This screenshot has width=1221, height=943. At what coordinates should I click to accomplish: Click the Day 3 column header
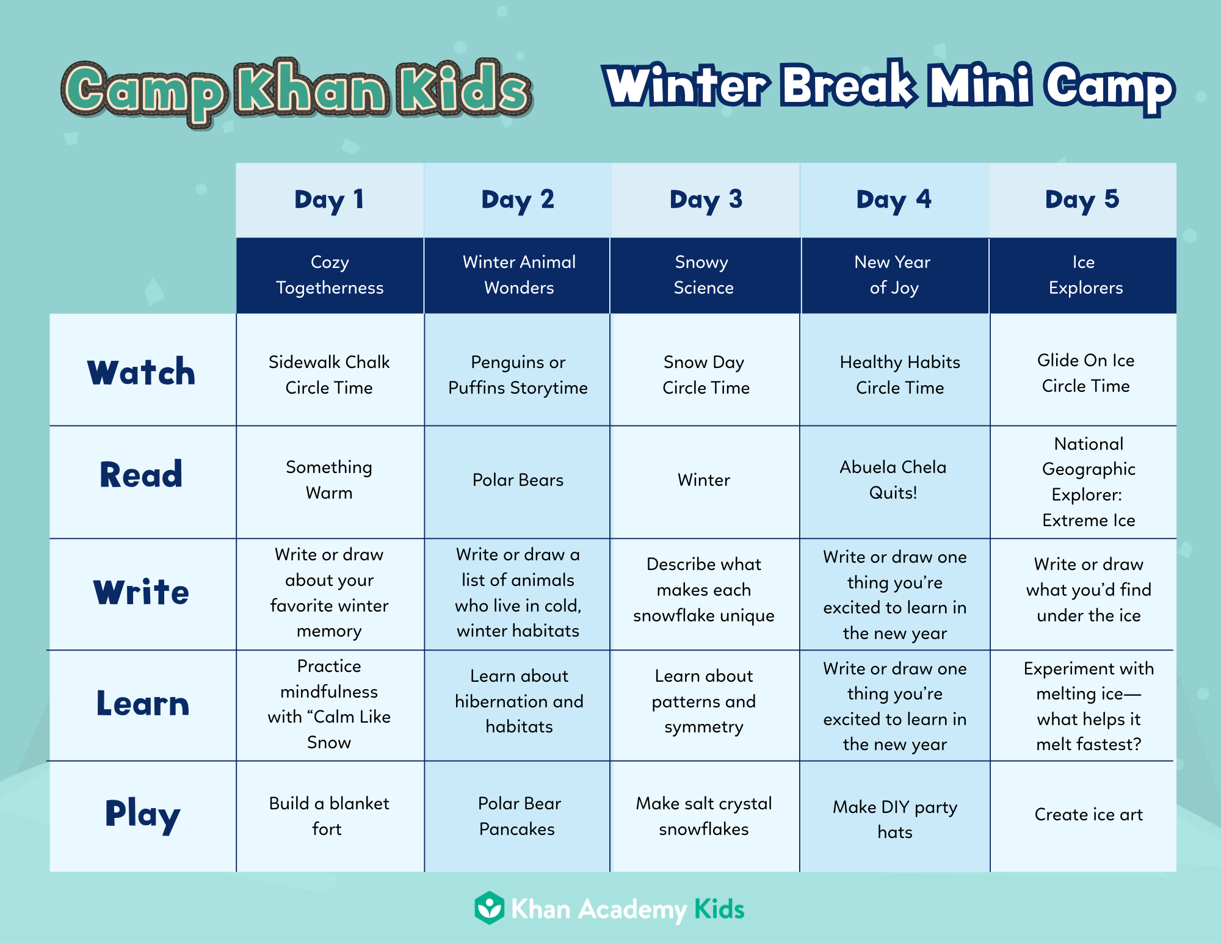click(706, 200)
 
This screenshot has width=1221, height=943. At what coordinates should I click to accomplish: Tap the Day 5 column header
click(1082, 200)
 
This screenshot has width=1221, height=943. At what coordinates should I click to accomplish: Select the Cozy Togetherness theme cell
click(330, 275)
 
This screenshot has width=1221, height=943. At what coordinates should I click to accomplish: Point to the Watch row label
click(142, 372)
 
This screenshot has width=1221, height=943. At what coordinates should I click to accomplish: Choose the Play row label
click(142, 815)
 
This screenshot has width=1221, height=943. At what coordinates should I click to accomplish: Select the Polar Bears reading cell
click(518, 480)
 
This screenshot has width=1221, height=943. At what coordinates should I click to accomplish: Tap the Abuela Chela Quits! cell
click(893, 480)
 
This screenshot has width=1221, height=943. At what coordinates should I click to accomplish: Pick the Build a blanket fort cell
click(329, 816)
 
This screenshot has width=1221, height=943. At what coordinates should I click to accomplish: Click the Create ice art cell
click(1089, 815)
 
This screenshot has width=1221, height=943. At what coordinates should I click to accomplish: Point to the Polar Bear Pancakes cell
click(518, 816)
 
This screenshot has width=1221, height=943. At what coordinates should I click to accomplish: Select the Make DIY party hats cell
click(895, 819)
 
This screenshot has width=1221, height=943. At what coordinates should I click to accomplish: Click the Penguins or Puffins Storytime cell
click(518, 375)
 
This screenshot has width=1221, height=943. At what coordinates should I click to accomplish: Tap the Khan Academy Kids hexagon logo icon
click(490, 908)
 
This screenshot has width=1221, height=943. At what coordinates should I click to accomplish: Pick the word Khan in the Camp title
click(312, 90)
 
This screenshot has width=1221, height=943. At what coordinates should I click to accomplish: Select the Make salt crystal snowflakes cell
click(704, 816)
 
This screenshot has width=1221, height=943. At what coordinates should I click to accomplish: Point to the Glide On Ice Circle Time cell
click(1085, 373)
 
